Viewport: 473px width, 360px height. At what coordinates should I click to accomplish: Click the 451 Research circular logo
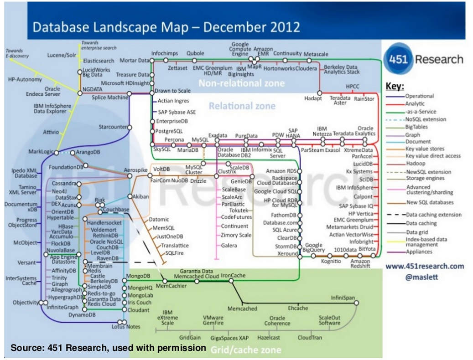click(396, 59)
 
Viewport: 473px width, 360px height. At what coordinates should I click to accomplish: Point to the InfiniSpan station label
click(343, 298)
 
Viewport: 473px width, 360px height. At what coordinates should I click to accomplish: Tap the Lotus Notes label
click(126, 326)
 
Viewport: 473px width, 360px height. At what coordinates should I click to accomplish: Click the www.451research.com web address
click(424, 267)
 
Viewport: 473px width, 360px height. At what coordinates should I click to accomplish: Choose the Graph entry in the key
click(413, 135)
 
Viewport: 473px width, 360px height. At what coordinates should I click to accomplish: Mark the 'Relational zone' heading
click(242, 106)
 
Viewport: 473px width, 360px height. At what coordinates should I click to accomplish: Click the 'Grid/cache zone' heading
click(246, 350)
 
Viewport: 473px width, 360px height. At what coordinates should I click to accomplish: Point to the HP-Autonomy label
click(25, 79)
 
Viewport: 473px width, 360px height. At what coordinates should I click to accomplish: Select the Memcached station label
click(242, 309)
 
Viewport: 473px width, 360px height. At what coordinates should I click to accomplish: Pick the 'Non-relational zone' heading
click(241, 83)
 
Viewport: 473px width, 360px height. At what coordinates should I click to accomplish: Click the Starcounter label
click(112, 127)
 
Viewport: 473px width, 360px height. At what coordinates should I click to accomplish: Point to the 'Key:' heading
click(395, 87)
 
